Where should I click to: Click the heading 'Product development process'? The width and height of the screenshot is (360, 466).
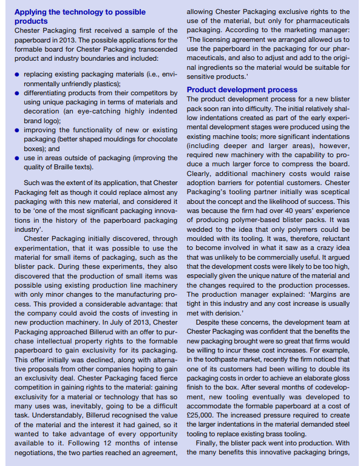pyautogui.click(x=242, y=89)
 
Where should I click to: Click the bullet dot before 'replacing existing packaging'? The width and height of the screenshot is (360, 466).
pyautogui.click(x=17, y=75)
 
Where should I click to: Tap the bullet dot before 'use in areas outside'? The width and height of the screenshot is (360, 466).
pyautogui.click(x=17, y=158)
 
